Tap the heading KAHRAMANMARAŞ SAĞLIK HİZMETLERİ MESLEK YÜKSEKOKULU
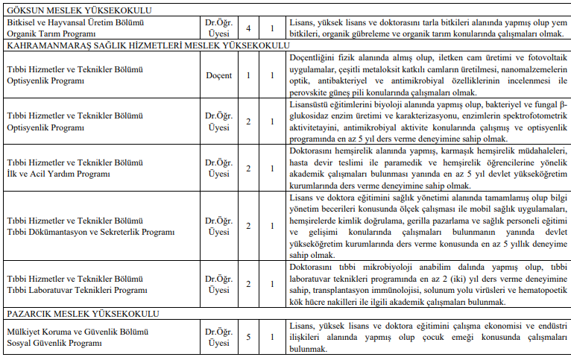(x=147, y=45)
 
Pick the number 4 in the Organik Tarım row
(x=248, y=28)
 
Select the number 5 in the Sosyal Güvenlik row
(x=248, y=337)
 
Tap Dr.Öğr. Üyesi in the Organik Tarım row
(x=218, y=28)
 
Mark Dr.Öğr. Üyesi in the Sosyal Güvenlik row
(x=218, y=337)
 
